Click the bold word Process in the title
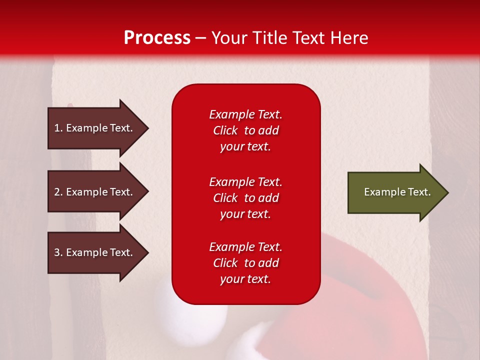tap(157, 38)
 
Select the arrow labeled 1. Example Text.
tap(95, 128)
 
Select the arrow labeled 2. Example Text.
tap(95, 192)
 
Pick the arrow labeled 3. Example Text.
tap(95, 252)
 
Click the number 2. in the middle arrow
tap(58, 192)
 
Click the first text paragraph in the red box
tap(245, 130)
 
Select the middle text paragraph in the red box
tap(245, 198)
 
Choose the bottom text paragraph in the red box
tap(245, 263)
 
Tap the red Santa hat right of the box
tap(360, 280)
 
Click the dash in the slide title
tap(200, 38)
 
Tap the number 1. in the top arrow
tap(58, 128)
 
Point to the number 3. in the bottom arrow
tap(58, 252)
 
